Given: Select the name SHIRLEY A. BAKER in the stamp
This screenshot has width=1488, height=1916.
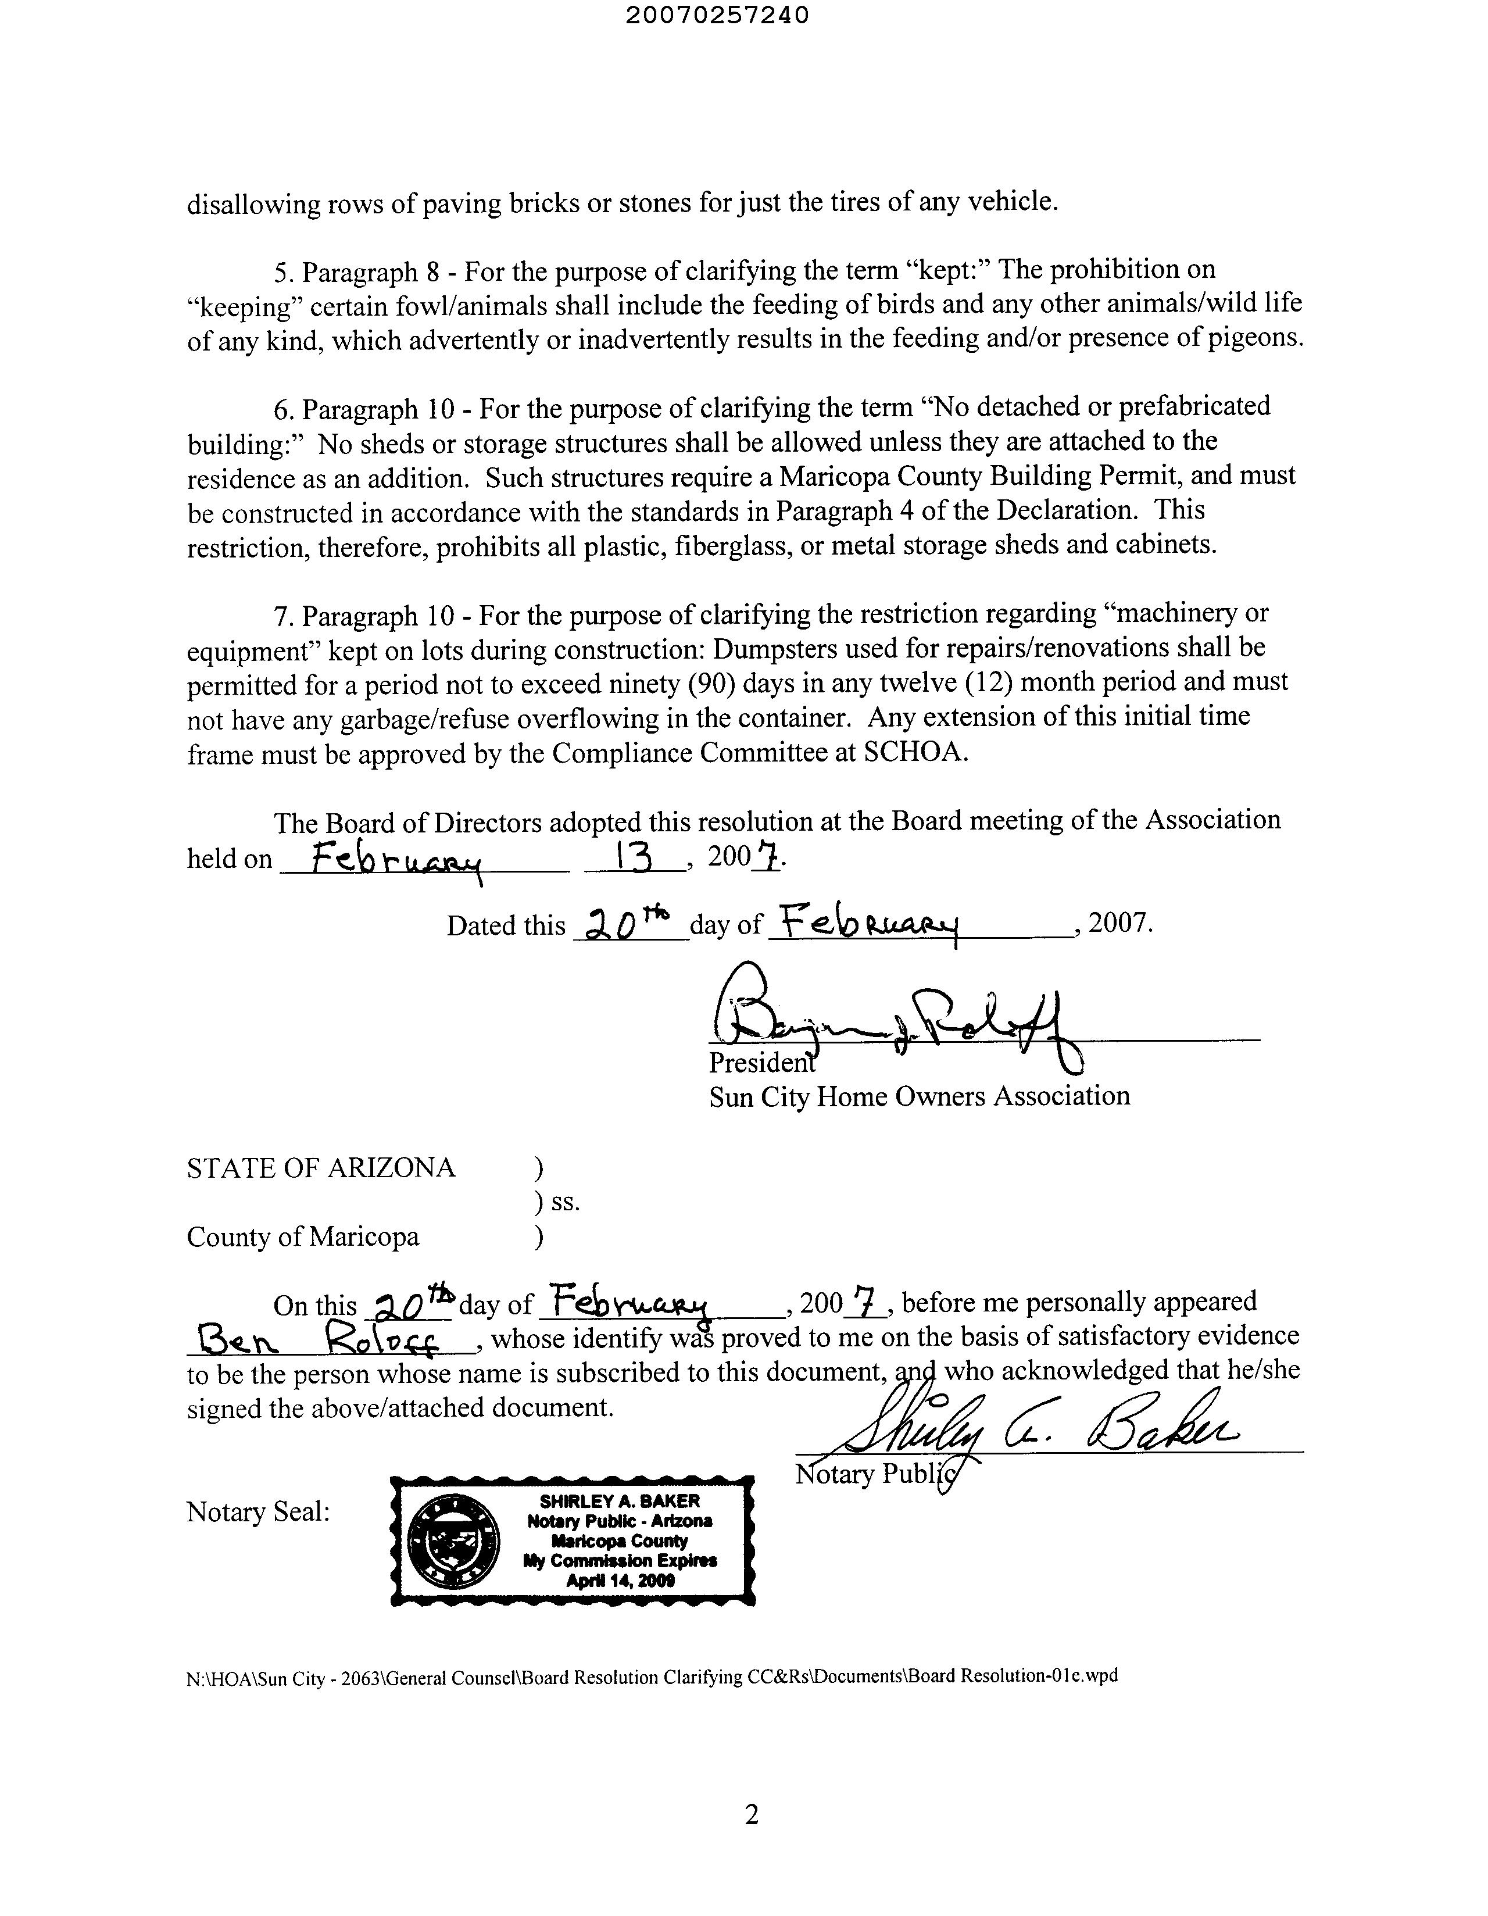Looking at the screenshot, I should click(620, 1501).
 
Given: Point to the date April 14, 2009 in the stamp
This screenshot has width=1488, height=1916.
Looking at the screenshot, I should click(620, 1581).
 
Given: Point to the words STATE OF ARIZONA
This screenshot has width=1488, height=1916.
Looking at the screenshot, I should click(321, 1168).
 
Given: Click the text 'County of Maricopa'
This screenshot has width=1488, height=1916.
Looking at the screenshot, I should click(303, 1237).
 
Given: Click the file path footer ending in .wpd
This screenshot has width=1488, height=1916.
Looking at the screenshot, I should click(652, 1676).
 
